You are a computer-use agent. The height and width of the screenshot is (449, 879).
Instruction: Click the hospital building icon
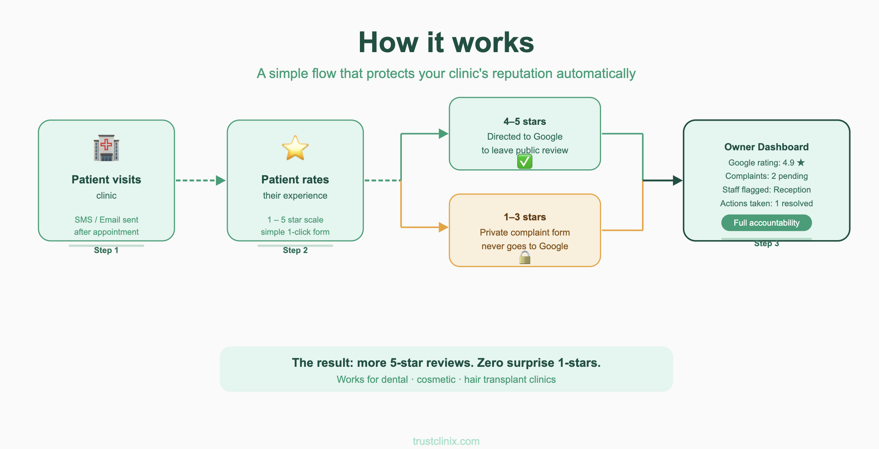[x=106, y=148]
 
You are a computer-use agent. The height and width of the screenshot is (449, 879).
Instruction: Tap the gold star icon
[x=295, y=148]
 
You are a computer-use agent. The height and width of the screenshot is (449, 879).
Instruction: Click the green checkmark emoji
[x=525, y=162]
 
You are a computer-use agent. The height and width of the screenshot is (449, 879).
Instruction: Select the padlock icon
[x=525, y=258]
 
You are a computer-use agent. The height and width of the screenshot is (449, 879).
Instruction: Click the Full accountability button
[x=766, y=223]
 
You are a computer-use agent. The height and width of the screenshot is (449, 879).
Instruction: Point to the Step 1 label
[x=106, y=250]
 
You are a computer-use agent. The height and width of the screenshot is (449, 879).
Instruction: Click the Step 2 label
[x=295, y=250]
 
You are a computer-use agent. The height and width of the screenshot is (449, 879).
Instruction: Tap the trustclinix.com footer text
[x=446, y=441]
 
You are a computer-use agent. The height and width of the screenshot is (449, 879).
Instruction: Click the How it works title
[x=446, y=42]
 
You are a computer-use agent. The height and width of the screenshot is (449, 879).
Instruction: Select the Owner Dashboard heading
[x=766, y=147]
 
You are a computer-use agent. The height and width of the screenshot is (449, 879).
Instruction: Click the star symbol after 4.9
[x=801, y=162]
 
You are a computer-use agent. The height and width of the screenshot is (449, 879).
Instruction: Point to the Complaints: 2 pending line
[x=766, y=176]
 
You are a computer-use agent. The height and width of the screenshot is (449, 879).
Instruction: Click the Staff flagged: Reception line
[x=766, y=190]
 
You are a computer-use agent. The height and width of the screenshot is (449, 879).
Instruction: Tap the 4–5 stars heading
[x=525, y=122]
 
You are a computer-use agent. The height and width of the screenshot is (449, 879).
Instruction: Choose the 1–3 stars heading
[x=525, y=217]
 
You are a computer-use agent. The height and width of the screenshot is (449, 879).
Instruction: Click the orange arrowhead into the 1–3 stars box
[x=444, y=227]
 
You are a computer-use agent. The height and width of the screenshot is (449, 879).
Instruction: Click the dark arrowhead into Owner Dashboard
[x=678, y=180]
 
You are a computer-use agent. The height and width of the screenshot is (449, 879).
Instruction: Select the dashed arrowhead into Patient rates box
[x=221, y=180]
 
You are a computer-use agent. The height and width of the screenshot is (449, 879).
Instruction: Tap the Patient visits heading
[x=106, y=180]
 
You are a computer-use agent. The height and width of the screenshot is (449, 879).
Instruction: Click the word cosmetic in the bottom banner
[x=436, y=380]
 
